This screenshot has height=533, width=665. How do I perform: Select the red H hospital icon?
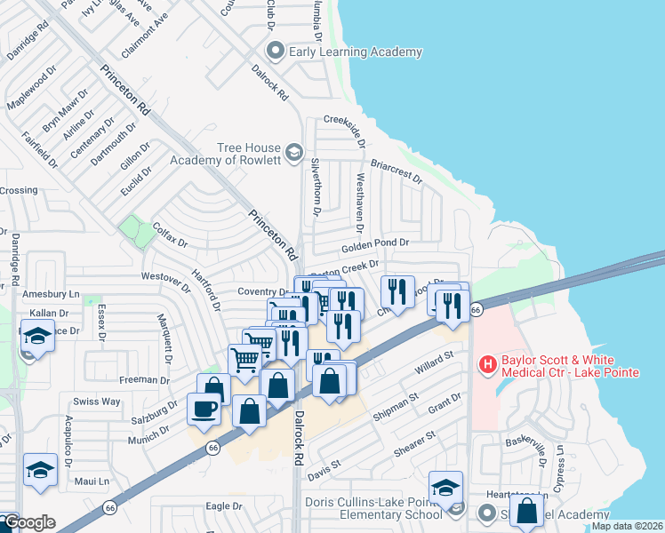(x=487, y=363)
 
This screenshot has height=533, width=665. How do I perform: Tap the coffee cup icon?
(x=204, y=409)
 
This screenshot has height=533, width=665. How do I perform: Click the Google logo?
(x=28, y=522)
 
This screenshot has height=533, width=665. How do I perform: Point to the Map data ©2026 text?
(x=628, y=526)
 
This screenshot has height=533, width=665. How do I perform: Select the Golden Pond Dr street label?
(x=373, y=243)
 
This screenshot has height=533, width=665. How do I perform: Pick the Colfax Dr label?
(x=170, y=235)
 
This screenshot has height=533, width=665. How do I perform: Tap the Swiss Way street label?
(x=97, y=402)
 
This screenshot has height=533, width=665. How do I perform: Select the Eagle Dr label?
(x=224, y=505)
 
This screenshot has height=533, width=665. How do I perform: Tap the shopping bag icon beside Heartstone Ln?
(x=526, y=510)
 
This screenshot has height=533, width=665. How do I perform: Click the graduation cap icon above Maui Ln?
(x=40, y=469)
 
